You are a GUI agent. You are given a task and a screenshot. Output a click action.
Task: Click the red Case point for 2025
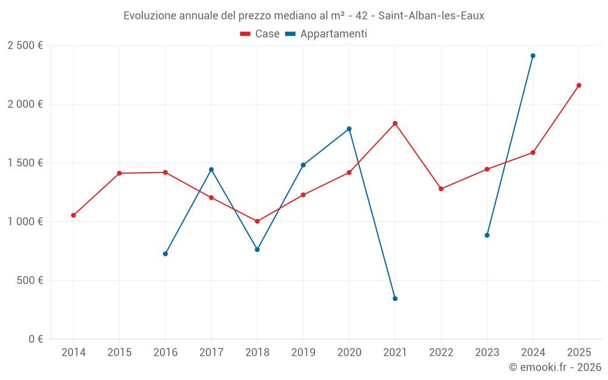(x=579, y=85)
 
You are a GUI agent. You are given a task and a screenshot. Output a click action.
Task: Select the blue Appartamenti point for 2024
(x=533, y=56)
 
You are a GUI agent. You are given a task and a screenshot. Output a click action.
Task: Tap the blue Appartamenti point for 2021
(x=395, y=299)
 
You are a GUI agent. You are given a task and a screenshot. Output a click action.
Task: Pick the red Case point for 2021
(x=395, y=123)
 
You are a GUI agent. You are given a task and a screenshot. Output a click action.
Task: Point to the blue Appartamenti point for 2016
(x=165, y=254)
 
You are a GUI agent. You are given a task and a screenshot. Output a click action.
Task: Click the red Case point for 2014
(x=74, y=215)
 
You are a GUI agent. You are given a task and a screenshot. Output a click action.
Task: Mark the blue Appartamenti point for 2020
(x=349, y=129)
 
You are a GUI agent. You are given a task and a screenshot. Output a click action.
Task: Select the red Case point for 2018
(x=257, y=221)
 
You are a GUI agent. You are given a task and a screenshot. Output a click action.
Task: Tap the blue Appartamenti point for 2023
(x=487, y=235)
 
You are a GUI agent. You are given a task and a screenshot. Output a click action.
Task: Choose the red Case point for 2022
(x=441, y=189)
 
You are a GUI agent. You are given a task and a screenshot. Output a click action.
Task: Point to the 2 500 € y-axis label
(x=25, y=46)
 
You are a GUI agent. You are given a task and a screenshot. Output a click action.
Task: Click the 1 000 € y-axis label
(x=25, y=222)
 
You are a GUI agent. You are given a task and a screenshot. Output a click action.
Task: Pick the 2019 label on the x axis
(x=303, y=353)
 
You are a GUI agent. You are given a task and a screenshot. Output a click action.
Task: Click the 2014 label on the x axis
(x=74, y=353)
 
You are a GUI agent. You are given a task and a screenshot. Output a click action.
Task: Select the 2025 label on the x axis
(x=579, y=353)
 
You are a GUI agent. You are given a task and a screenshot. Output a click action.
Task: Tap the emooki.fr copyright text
(x=554, y=367)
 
